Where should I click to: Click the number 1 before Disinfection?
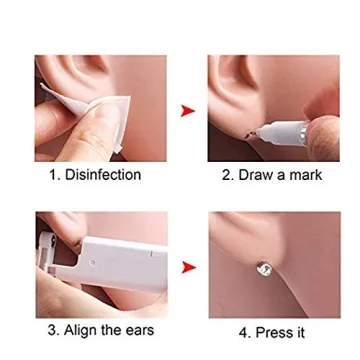pos(53,175)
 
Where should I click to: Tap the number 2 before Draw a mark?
pos(225,175)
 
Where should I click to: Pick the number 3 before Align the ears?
pos(52,330)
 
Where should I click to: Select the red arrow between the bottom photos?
pos(187,266)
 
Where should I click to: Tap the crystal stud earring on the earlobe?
pos(264,267)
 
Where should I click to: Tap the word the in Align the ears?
pos(115,330)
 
